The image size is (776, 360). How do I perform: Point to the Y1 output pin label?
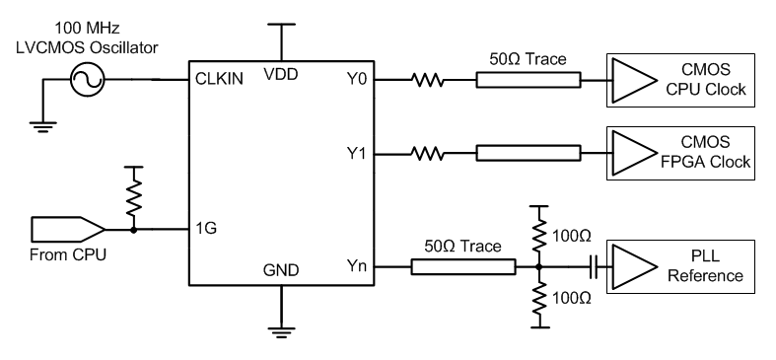click(355, 154)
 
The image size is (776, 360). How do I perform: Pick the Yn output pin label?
click(355, 266)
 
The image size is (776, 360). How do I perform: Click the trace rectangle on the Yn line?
click(462, 266)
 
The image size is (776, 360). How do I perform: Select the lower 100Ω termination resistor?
click(538, 296)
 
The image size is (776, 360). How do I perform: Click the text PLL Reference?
click(704, 266)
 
